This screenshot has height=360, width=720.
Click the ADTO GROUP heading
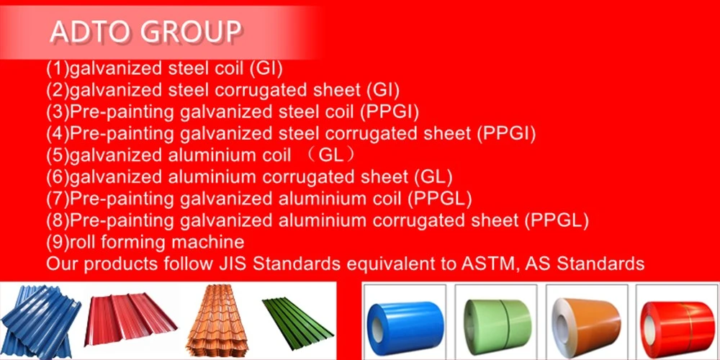tap(145, 32)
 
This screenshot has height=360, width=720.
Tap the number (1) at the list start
tap(58, 69)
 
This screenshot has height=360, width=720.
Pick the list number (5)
tap(58, 156)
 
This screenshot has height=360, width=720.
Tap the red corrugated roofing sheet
tap(130, 320)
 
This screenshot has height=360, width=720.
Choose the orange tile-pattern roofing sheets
tap(217, 320)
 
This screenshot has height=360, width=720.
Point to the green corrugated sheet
tap(297, 323)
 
